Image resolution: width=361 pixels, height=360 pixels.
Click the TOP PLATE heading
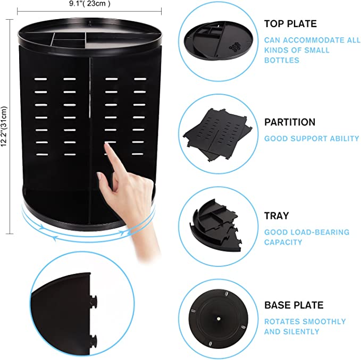point(290,23)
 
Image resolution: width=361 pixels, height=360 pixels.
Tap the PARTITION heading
point(290,122)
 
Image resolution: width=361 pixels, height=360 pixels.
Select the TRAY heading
point(276,215)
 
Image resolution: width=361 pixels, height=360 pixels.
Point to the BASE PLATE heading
point(293,305)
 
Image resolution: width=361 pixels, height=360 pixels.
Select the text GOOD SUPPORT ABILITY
point(312,138)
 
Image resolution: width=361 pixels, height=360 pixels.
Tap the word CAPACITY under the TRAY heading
point(283,242)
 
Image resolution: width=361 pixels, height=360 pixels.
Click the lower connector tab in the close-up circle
point(95,340)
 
